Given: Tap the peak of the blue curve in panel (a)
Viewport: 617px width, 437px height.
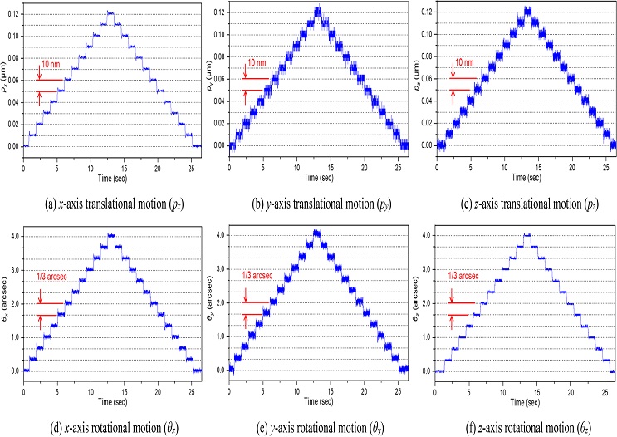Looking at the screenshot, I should click(x=110, y=12).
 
